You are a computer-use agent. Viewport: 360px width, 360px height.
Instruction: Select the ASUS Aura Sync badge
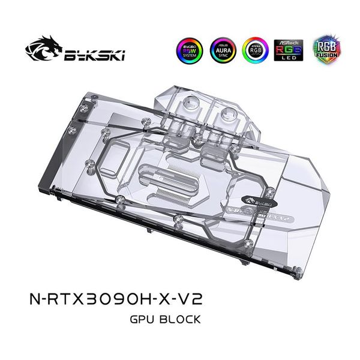223,50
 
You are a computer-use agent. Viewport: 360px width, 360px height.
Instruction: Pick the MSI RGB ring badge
255,50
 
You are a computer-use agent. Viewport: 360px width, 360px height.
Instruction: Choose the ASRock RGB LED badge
286,50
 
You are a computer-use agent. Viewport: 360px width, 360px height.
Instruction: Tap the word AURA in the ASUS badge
223,50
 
